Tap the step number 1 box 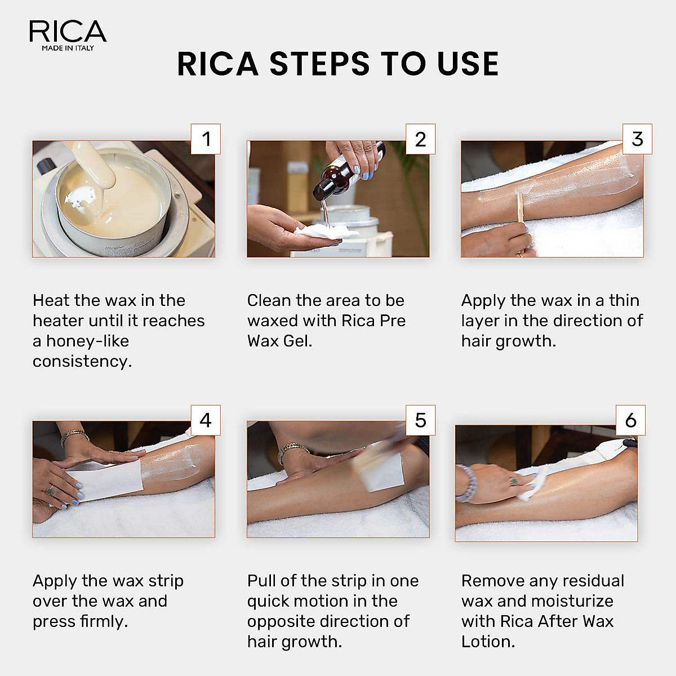(x=206, y=139)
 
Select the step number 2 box (x=421, y=139)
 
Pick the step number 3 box (x=637, y=139)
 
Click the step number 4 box (x=206, y=420)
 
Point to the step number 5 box (x=421, y=420)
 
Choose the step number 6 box (x=631, y=420)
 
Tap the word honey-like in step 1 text (x=81, y=341)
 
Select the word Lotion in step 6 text (x=488, y=642)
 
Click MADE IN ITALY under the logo (x=68, y=48)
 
